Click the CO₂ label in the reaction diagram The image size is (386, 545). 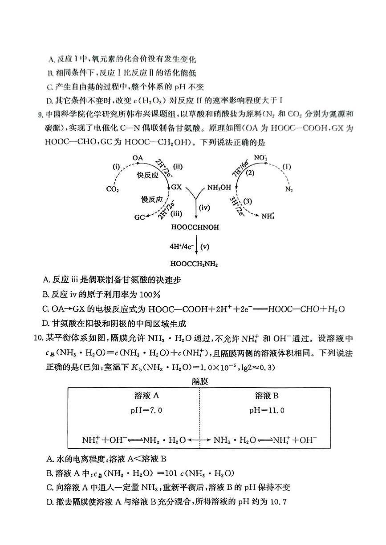pyautogui.click(x=112, y=189)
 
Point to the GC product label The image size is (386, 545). pyautogui.click(x=139, y=217)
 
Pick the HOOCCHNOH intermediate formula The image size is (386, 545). pyautogui.click(x=195, y=227)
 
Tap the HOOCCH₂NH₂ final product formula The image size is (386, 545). pyautogui.click(x=195, y=264)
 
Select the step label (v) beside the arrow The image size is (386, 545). pyautogui.click(x=205, y=246)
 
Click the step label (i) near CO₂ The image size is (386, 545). pyautogui.click(x=116, y=167)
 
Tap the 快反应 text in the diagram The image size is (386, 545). pyautogui.click(x=148, y=175)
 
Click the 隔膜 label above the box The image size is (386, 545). pyautogui.click(x=200, y=381)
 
